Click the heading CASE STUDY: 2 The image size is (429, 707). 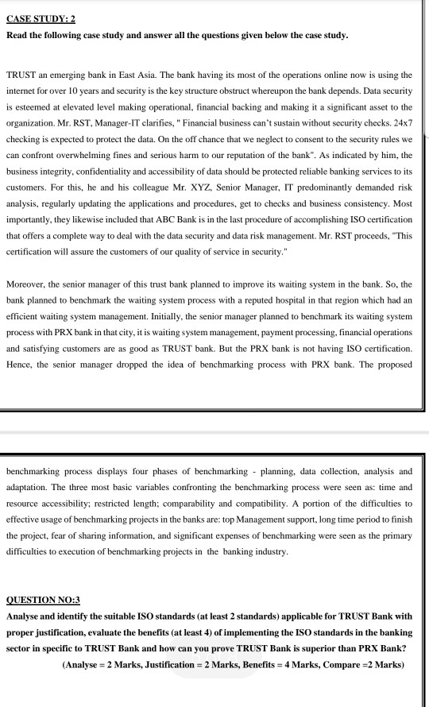[x=41, y=18]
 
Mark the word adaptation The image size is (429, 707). [x=33, y=486]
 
